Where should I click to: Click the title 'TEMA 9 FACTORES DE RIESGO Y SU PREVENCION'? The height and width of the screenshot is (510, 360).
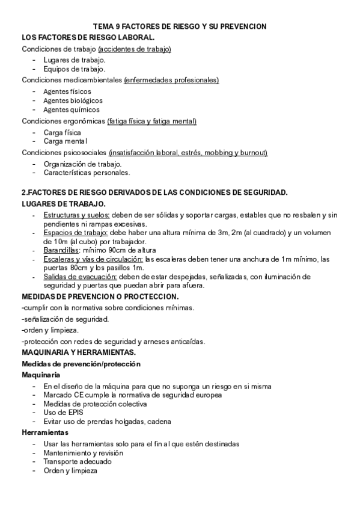click(x=180, y=27)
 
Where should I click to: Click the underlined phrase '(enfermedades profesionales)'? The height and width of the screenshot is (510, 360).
click(x=171, y=80)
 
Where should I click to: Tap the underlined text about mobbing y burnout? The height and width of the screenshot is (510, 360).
click(x=188, y=153)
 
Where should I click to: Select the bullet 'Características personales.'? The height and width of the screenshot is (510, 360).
click(x=87, y=173)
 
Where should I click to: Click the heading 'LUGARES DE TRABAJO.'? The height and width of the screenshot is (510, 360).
click(x=64, y=204)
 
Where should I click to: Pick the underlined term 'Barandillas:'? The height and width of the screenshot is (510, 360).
click(x=63, y=250)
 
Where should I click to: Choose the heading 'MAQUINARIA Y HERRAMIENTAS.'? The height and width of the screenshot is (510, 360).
click(x=79, y=352)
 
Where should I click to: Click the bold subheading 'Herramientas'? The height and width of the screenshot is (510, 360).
click(x=44, y=432)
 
